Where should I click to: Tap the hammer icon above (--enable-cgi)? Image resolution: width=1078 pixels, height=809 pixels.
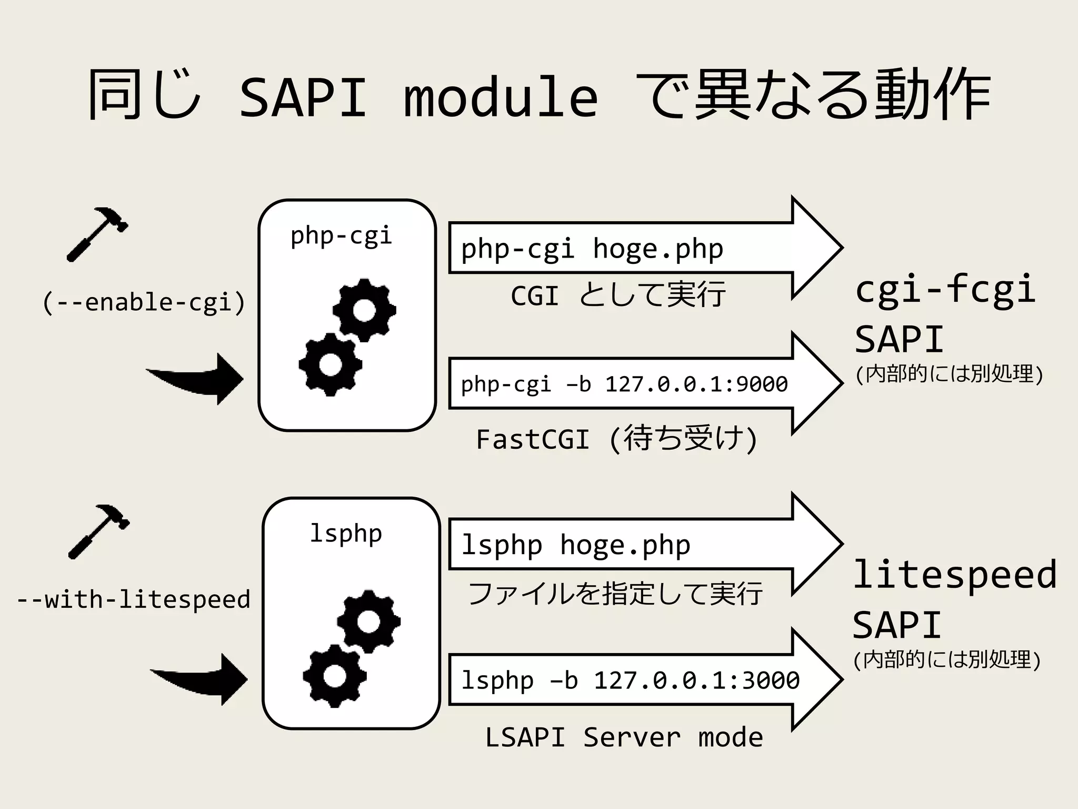click(97, 234)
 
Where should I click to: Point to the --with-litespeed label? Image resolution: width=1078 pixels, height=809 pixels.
click(134, 600)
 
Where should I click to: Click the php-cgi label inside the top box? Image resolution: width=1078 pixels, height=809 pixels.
click(341, 235)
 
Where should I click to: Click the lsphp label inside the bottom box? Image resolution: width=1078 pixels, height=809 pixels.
click(345, 533)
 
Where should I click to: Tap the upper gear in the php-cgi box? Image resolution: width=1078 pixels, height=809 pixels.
click(364, 310)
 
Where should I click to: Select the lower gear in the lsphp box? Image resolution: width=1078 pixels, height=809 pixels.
click(334, 676)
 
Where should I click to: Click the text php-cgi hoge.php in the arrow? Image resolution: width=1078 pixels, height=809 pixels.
click(592, 249)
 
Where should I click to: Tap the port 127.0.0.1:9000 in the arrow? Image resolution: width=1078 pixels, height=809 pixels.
click(696, 384)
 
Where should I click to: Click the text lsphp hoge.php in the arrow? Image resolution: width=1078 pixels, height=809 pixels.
click(575, 545)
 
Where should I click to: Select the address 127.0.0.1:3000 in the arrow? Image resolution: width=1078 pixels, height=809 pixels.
click(696, 680)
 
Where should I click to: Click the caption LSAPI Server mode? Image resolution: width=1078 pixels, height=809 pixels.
click(624, 737)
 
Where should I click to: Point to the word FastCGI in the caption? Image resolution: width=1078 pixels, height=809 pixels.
click(532, 439)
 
